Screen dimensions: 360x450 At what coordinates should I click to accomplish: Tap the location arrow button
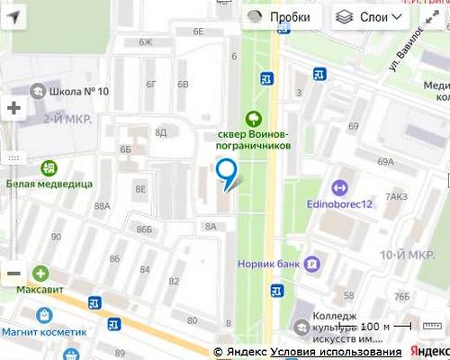click(x=15, y=16)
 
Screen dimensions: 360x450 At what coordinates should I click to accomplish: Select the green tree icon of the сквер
click(x=255, y=118)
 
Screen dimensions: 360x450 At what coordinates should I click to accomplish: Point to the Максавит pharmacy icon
click(x=40, y=274)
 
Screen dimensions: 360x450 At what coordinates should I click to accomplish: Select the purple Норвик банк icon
click(x=311, y=264)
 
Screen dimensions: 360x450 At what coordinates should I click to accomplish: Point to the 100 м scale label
click(x=375, y=326)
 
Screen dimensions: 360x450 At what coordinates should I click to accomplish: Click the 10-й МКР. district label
click(x=401, y=256)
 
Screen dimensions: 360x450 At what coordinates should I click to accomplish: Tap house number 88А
click(x=101, y=206)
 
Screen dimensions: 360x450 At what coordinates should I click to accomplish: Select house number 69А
click(x=385, y=162)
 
